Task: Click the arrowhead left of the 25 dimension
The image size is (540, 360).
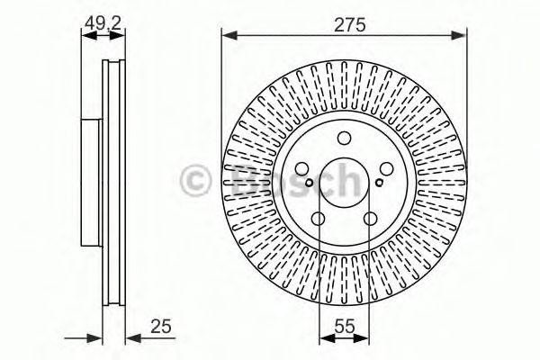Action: pyautogui.click(x=95, y=338)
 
